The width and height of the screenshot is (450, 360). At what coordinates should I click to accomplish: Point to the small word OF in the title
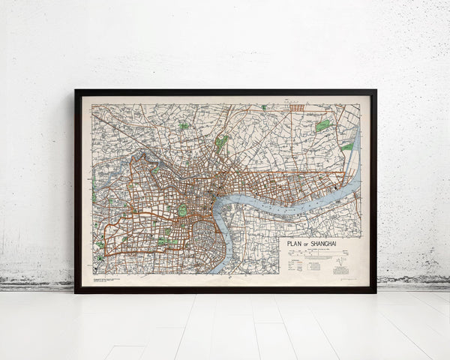coord(307,243)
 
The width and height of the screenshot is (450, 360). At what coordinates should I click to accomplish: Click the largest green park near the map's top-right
coord(322,126)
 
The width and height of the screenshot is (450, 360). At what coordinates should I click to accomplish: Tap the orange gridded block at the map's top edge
coord(298,108)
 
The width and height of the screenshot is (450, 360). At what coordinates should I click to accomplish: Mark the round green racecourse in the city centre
coord(182,210)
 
